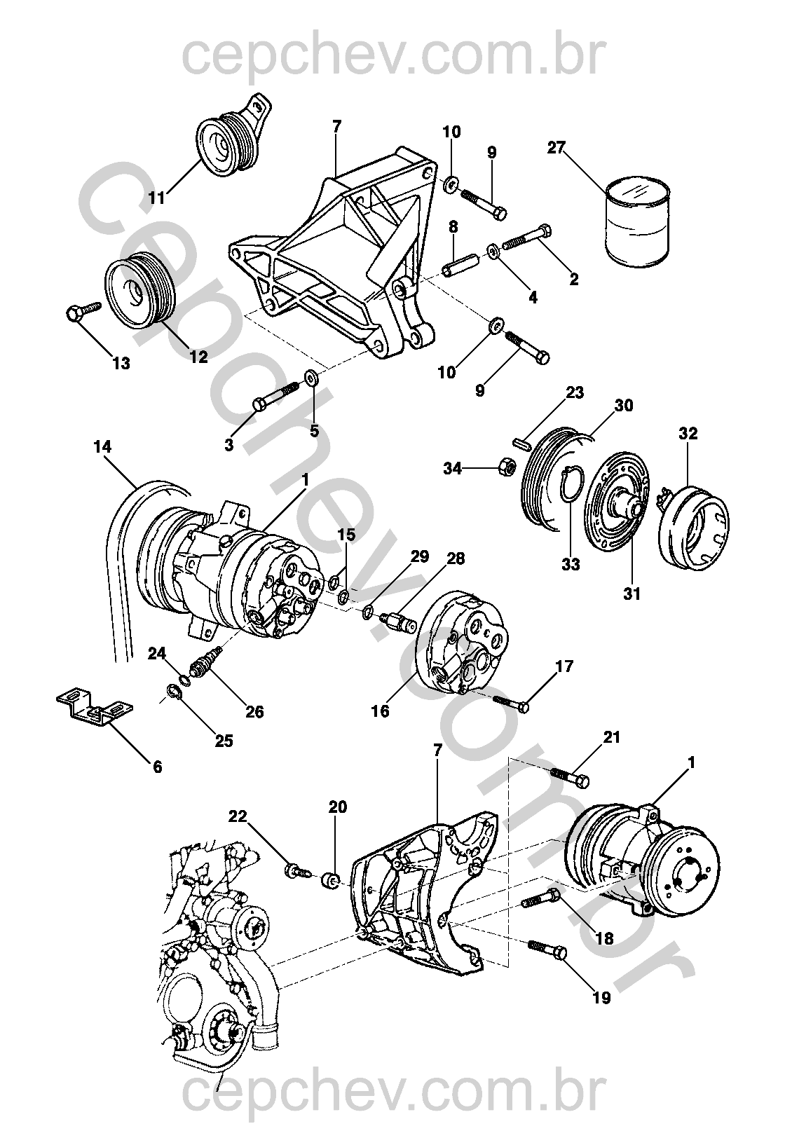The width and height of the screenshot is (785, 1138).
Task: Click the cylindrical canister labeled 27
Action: pos(638,219)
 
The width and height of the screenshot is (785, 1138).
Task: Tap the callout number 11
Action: pos(157,197)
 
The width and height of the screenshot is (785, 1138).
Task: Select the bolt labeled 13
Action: pos(83,311)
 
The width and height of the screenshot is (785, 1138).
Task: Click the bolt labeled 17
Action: pos(511,703)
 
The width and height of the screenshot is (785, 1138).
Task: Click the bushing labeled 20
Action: pos(332,879)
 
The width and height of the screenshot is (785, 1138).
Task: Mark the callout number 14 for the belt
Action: pos(102,447)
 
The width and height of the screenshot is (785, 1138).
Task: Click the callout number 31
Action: pos(632,593)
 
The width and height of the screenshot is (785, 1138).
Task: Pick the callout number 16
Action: pos(380,711)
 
